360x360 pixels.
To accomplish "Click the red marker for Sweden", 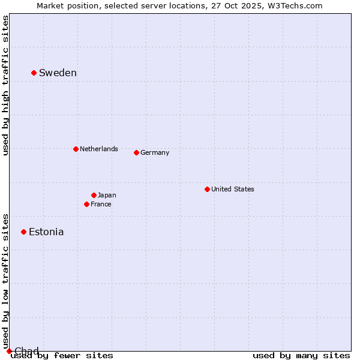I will [34, 73].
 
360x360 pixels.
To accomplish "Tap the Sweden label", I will [58, 73].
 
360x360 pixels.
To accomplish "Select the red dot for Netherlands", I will [76, 149].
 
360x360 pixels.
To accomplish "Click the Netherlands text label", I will [99, 149].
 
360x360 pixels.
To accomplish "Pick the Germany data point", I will [136, 152].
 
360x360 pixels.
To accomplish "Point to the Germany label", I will [155, 152].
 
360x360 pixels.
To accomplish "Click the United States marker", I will [207, 189].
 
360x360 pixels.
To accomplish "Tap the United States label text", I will [233, 189].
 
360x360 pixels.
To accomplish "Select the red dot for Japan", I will [94, 195].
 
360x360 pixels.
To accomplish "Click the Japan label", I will [107, 195].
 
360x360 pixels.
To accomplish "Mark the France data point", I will [86, 204].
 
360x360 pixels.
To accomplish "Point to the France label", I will [101, 204].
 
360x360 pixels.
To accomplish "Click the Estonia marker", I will [23, 232].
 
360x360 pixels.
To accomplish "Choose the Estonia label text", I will [46, 232].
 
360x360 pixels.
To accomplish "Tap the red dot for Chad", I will [9, 351].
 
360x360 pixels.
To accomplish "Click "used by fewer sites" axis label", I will [62, 356].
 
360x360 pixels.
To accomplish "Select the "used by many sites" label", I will [301, 356].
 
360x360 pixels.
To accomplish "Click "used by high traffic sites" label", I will [6, 85].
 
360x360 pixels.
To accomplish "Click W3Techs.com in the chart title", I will [294, 5].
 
